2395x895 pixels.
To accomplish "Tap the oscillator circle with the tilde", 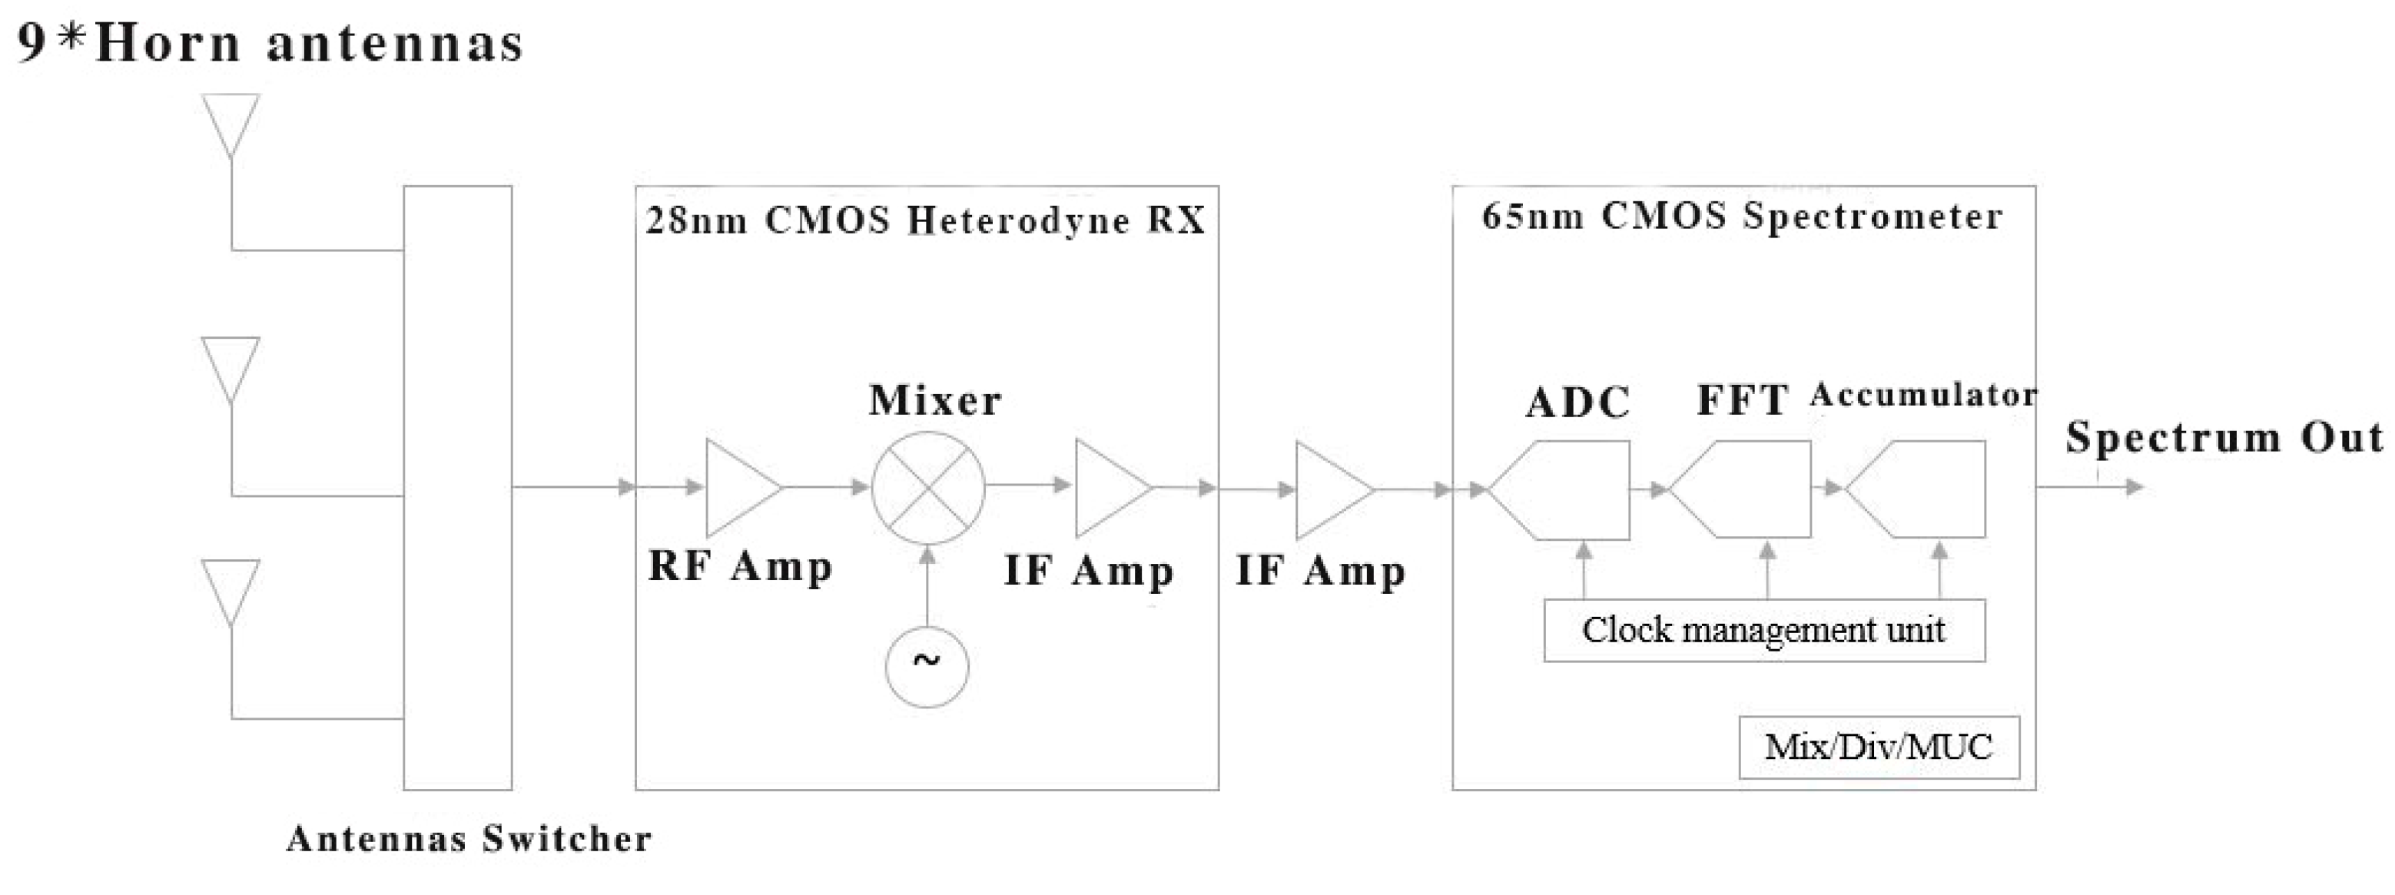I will click(x=927, y=666).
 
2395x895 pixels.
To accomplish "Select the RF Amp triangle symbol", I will click(x=739, y=488).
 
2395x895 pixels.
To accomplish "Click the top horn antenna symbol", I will click(x=231, y=124).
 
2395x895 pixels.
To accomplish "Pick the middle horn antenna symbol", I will click(x=231, y=368).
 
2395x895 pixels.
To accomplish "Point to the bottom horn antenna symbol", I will click(x=231, y=591).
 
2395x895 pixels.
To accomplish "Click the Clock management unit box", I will click(x=1763, y=630).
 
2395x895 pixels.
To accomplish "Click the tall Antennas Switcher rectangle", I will click(x=457, y=488).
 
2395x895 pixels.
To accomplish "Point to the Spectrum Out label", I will click(x=2224, y=437).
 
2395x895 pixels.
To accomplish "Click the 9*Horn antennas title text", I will click(x=270, y=44).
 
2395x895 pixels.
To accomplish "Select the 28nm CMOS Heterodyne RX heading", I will click(x=925, y=221).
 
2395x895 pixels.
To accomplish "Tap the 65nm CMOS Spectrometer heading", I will click(x=1741, y=217).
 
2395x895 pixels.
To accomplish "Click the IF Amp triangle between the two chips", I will click(x=1332, y=490).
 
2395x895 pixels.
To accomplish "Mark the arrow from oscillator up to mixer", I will click(x=927, y=585).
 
